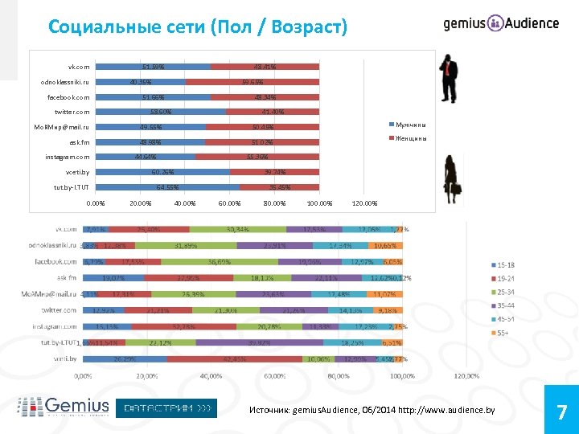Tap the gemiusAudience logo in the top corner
click(500, 23)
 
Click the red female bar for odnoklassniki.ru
click(253, 81)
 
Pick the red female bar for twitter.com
click(273, 112)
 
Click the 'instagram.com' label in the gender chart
click(67, 157)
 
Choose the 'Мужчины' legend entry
click(409, 125)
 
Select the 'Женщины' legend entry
click(409, 138)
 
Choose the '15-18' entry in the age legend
click(507, 265)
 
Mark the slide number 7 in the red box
click(562, 412)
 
